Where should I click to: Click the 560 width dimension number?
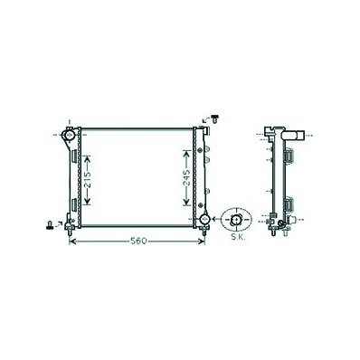coord(138,241)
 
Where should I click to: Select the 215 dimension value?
coord(87,180)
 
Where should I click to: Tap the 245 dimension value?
coord(186,177)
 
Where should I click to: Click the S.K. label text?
coord(238,237)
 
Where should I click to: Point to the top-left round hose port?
coord(69,135)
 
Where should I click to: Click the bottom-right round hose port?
coord(204,219)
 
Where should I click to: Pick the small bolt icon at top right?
coord(215,118)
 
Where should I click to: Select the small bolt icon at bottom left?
coord(49,225)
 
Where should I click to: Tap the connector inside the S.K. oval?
coord(235,220)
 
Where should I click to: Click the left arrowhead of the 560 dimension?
coord(72,241)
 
